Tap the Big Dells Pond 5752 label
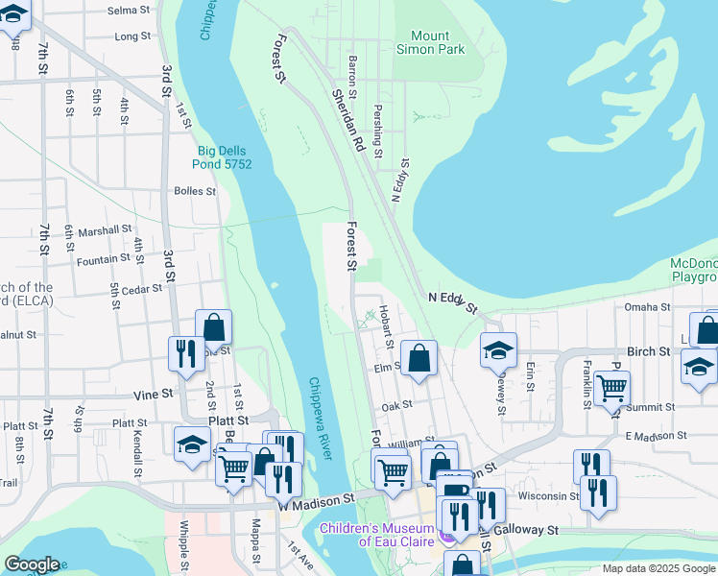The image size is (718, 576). (225, 157)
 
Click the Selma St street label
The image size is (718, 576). (129, 11)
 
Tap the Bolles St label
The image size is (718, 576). (195, 191)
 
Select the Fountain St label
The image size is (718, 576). (103, 259)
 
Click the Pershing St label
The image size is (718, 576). (378, 132)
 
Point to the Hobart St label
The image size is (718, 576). (386, 326)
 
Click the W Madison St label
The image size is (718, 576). (317, 499)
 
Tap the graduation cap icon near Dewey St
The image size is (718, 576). (498, 350)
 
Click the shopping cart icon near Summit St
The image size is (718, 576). (611, 389)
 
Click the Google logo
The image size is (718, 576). (33, 564)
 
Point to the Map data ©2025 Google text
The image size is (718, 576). (658, 568)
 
